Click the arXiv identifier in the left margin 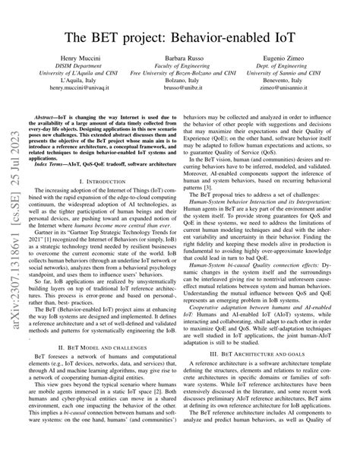click(13, 228)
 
